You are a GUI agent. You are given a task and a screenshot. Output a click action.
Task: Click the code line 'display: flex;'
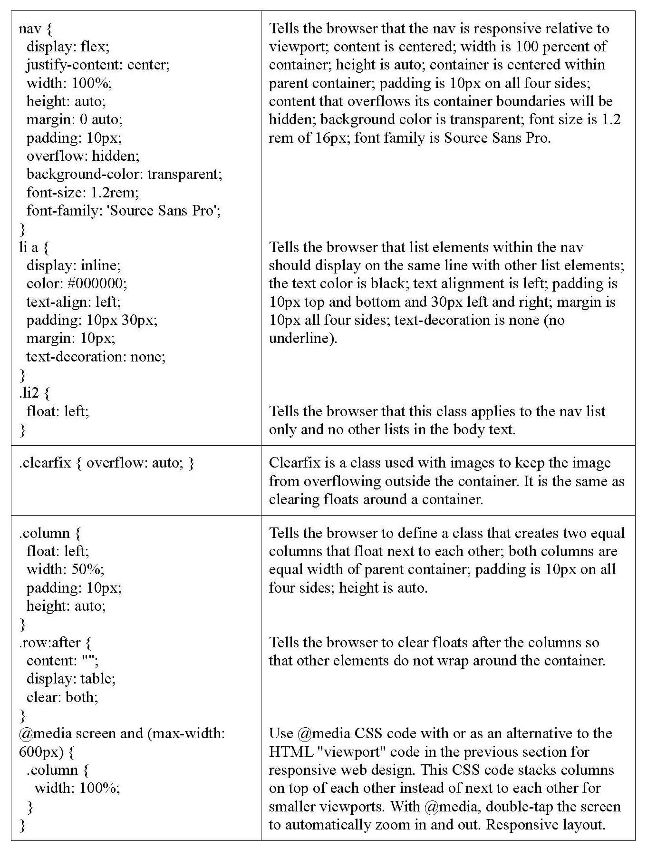68,47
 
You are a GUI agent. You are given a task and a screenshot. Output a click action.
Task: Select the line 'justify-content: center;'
98,65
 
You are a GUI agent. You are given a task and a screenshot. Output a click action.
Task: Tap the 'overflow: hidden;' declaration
83,156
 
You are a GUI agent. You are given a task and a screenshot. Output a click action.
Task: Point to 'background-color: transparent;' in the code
124,174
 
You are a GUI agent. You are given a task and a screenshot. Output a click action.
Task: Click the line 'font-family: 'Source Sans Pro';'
124,211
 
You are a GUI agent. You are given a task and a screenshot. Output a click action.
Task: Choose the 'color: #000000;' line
77,283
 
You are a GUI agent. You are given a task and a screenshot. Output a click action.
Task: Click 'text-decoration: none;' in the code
96,357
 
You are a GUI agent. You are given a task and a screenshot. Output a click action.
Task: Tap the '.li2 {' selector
34,393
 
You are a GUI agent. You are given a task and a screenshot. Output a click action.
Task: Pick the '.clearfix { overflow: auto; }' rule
106,463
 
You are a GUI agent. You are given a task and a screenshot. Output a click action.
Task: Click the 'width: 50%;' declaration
65,569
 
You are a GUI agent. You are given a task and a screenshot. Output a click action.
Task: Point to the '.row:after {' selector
55,643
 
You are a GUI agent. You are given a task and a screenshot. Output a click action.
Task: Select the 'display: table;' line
71,679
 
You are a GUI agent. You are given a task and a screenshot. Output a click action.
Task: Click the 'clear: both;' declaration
62,697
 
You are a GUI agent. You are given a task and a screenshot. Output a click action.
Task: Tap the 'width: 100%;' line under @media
77,789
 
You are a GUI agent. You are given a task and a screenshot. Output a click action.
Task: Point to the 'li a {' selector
34,247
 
